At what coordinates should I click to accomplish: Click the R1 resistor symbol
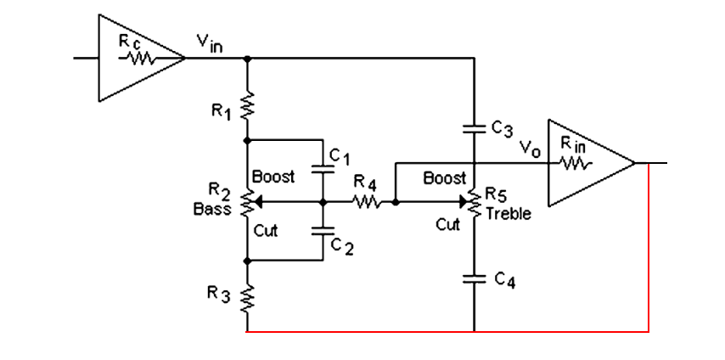click(x=247, y=104)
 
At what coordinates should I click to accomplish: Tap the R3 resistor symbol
click(x=247, y=299)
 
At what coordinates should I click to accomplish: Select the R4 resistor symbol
click(x=367, y=202)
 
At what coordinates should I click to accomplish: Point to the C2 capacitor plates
click(x=323, y=231)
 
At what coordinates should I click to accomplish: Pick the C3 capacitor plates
click(x=475, y=128)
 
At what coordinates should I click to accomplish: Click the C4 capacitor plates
click(x=475, y=278)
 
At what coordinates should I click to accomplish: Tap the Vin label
click(x=210, y=43)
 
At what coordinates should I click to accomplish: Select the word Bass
click(x=211, y=209)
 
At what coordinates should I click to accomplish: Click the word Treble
click(x=509, y=213)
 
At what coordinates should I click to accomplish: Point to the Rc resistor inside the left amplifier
click(x=138, y=59)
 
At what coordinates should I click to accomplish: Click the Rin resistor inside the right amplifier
click(x=573, y=163)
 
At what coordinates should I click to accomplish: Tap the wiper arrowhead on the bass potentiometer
click(x=258, y=202)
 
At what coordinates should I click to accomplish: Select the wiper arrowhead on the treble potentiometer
click(x=464, y=202)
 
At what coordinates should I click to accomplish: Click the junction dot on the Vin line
click(x=247, y=59)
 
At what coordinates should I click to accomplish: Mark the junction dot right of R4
click(x=396, y=202)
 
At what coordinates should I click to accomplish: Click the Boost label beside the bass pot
click(x=273, y=177)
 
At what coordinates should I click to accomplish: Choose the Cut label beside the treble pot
click(x=448, y=225)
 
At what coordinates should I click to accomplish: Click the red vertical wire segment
click(x=649, y=248)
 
